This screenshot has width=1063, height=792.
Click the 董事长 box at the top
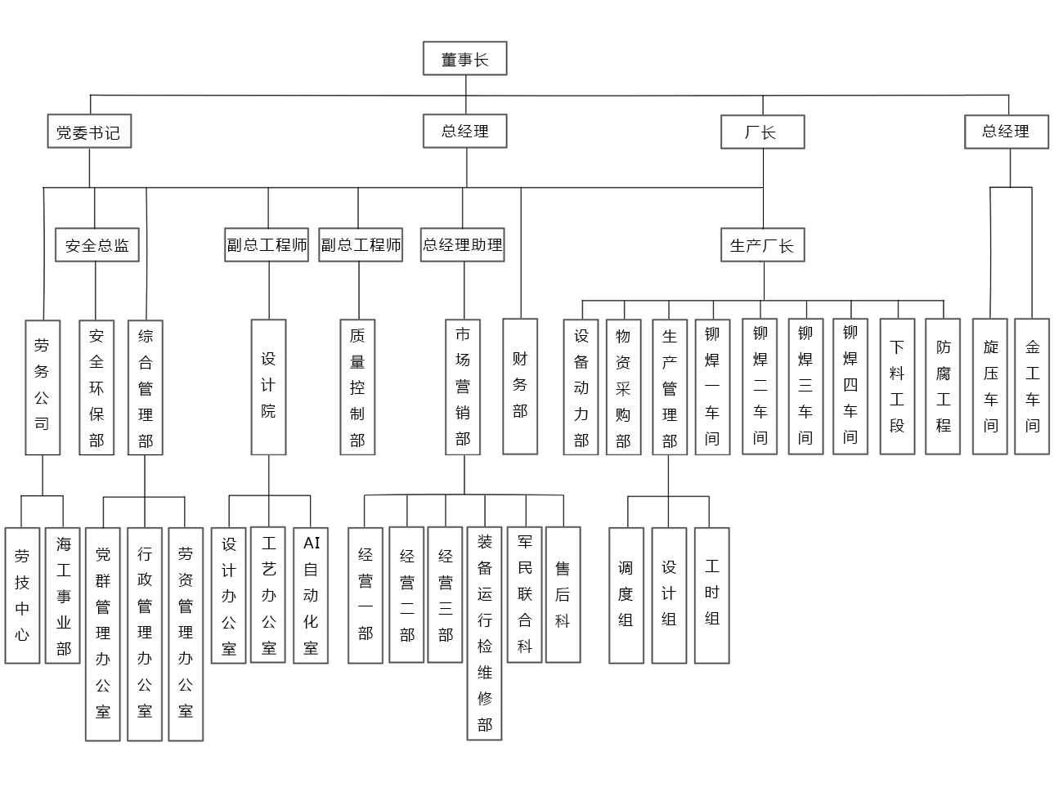coord(464,59)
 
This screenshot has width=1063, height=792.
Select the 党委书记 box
coord(89,132)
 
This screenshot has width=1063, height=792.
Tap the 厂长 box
coord(762,132)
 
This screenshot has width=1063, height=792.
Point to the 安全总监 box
coord(96,245)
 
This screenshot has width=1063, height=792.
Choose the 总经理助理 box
coord(463,244)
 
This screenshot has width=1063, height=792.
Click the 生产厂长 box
coord(762,245)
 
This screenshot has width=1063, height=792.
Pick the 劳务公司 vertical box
coord(42,387)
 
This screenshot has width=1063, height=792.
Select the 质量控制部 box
coord(357,387)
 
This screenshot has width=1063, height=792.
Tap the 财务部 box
coord(520,386)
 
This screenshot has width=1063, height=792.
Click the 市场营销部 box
coord(463,387)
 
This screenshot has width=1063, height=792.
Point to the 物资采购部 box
coord(623,387)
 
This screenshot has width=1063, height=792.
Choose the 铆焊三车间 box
coord(805,386)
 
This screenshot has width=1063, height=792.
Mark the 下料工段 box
coord(897,386)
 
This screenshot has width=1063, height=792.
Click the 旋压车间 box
coord(990,386)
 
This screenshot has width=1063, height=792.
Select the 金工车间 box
coord(1032,386)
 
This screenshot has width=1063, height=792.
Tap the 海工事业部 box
coord(63,595)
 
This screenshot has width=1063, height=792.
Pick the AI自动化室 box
coord(311,595)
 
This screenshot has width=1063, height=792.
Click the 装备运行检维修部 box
coord(485,633)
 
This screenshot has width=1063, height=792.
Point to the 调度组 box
coord(626,595)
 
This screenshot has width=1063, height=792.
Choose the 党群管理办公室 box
coord(103,633)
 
